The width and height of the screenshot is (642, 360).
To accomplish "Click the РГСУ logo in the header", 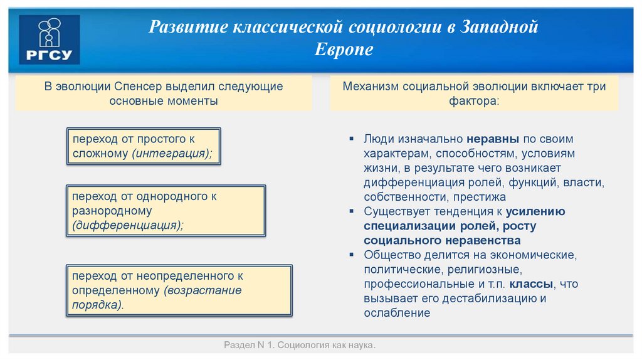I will point(50,40).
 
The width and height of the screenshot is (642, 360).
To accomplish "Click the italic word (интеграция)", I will point(171,154).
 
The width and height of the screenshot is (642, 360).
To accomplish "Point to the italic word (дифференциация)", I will point(128,226).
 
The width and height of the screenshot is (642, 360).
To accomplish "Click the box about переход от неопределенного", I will point(179,290).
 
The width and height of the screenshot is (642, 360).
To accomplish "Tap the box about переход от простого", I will point(144,146).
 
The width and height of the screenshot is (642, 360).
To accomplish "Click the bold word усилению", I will point(535,211).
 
